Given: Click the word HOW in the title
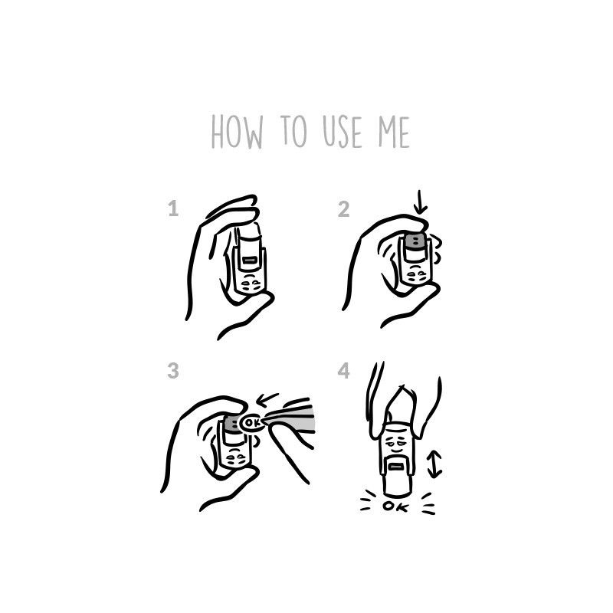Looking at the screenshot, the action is [x=237, y=132].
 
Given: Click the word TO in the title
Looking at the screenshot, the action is [x=294, y=130].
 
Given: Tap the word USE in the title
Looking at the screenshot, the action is [x=343, y=132].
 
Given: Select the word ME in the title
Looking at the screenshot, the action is [x=394, y=132].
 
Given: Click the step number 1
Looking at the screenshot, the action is [x=173, y=208].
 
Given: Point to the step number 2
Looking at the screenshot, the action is [x=343, y=209].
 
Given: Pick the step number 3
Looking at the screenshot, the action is [x=173, y=370].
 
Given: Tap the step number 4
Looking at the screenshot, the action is [x=343, y=370].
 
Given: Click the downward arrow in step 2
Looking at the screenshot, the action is [x=420, y=202].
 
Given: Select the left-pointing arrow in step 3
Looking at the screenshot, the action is [x=267, y=399].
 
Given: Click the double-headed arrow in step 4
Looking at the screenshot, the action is [x=434, y=464].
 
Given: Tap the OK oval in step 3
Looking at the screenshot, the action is [x=251, y=423].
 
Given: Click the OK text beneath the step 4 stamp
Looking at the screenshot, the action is [x=395, y=506].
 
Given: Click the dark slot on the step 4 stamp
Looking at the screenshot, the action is [x=395, y=467].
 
